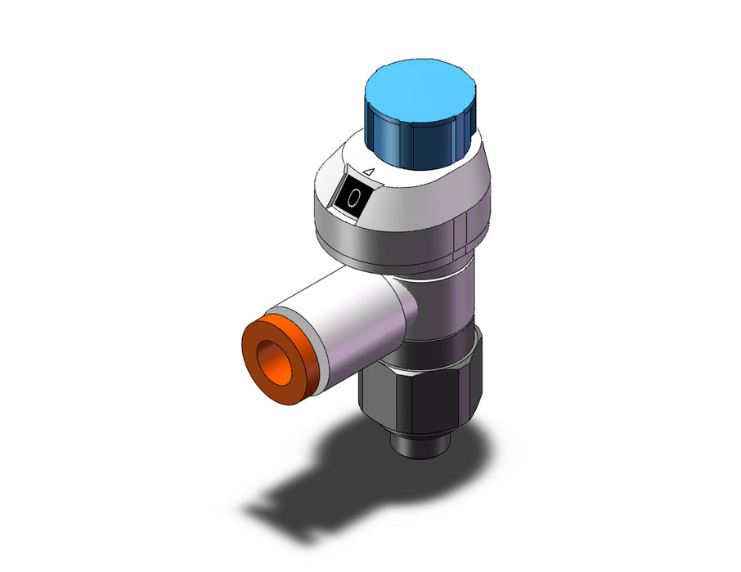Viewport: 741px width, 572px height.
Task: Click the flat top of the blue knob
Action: tap(420, 92)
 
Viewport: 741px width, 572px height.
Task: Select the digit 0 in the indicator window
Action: tap(353, 198)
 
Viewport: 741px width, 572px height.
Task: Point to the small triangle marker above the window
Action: tap(370, 172)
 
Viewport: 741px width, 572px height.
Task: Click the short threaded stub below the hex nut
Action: tap(420, 440)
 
